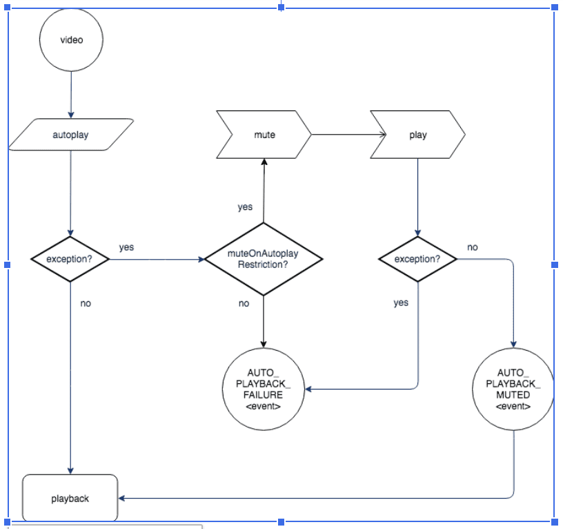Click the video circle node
click(71, 40)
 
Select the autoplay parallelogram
click(71, 135)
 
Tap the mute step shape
click(264, 135)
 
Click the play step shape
click(418, 135)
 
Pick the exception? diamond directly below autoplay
click(71, 260)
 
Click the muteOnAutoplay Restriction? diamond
click(263, 260)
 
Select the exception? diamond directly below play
click(418, 260)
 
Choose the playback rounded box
click(70, 498)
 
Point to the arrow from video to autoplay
click(71, 93)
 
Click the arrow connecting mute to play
click(341, 135)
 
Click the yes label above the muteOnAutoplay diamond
click(245, 207)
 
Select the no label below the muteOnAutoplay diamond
click(244, 303)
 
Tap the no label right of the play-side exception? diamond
click(473, 247)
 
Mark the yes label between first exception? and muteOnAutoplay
click(126, 247)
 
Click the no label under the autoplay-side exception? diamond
click(86, 303)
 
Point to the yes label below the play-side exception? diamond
click(401, 302)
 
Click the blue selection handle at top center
click(281, 7)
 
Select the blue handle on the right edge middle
click(555, 264)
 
